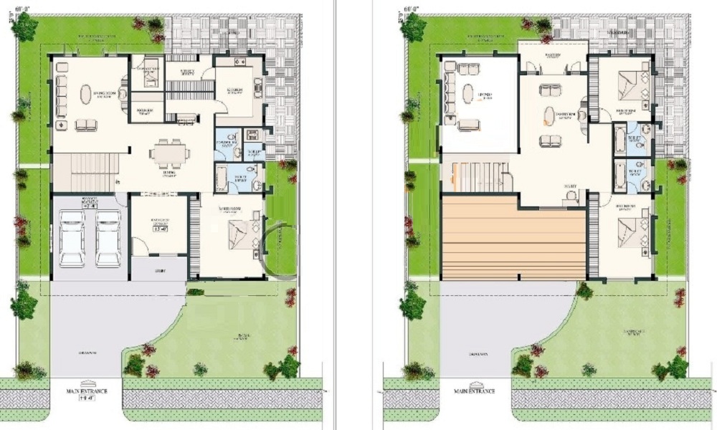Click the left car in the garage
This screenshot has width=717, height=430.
(72, 237)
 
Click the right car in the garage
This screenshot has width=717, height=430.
(108, 237)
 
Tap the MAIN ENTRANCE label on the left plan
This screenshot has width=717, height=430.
(86, 391)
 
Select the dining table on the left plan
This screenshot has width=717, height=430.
(170, 152)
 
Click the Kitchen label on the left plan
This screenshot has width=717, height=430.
(234, 91)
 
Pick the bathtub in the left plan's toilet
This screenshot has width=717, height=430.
(222, 175)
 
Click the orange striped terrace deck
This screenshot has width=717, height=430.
(514, 239)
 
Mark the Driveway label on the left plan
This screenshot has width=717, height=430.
(88, 353)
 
